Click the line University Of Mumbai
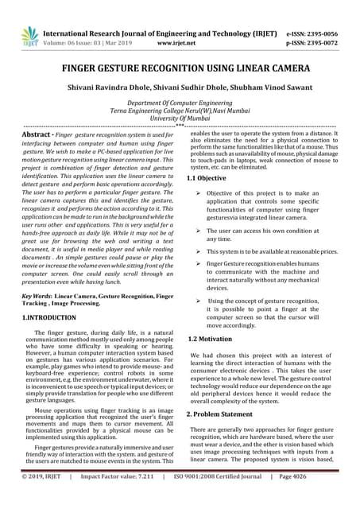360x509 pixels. point(180,118)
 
